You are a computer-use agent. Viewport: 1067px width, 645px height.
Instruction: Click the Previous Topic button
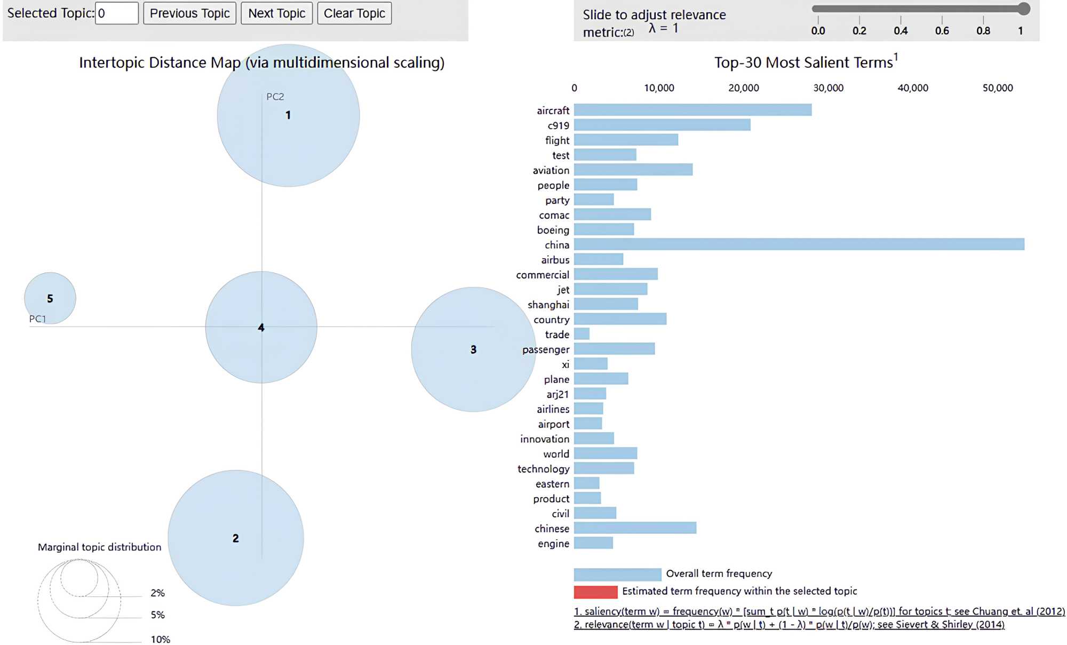[189, 13]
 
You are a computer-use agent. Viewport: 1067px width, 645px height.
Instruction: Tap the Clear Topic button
[354, 13]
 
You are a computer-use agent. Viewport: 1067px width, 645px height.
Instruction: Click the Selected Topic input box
[117, 13]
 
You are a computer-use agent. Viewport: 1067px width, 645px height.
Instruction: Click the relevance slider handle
[1023, 9]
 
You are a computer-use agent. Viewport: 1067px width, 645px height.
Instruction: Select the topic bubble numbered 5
[50, 298]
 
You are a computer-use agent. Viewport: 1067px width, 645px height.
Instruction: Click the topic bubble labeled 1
[288, 115]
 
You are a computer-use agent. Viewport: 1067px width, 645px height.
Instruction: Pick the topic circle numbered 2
[236, 538]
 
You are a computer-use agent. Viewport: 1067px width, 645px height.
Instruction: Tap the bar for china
[799, 244]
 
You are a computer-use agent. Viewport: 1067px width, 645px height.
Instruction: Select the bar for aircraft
[692, 110]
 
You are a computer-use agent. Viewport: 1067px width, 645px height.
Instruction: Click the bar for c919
[662, 125]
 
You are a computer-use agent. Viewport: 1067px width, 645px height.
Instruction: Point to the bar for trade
[582, 334]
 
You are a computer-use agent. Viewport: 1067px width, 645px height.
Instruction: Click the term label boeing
[553, 230]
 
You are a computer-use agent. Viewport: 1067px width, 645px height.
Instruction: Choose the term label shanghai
[548, 305]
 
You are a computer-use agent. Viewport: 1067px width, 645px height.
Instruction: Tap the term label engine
[554, 544]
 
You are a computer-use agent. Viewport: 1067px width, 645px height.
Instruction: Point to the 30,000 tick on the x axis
[828, 88]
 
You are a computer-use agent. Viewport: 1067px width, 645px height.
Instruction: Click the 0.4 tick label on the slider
[901, 31]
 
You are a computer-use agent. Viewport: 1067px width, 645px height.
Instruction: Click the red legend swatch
[595, 592]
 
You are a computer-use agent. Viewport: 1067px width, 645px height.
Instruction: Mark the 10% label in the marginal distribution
[160, 639]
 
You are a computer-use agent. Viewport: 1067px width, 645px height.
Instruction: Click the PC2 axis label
[275, 97]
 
